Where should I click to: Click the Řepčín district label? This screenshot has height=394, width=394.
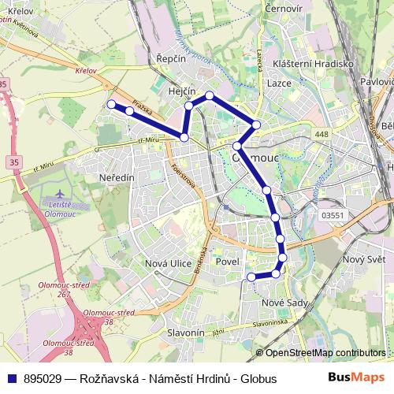[170, 59]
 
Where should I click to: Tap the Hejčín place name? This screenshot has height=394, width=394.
[182, 91]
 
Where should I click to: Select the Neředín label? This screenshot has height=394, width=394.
[117, 178]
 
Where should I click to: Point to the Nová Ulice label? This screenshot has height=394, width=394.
[169, 263]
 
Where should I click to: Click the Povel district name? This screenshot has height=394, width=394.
[227, 262]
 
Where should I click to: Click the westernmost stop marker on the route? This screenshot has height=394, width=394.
[111, 104]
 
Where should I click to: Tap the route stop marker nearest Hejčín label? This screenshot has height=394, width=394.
[189, 106]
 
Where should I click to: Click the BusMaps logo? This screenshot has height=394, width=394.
[358, 378]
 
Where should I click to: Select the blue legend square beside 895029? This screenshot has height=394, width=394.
[11, 379]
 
